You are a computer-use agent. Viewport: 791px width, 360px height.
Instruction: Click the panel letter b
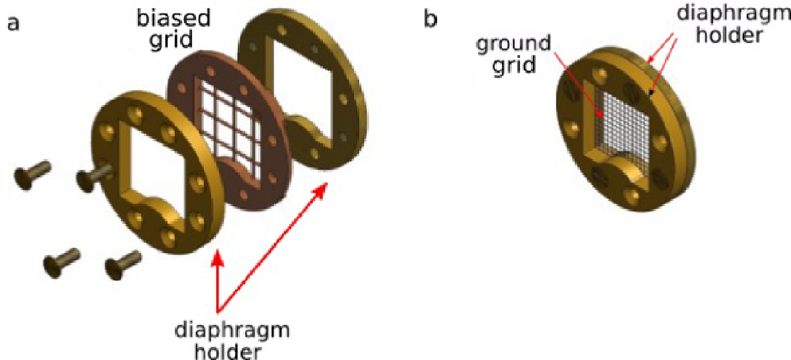click(430, 20)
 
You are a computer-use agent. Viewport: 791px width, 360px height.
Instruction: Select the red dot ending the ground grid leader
click(600, 114)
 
